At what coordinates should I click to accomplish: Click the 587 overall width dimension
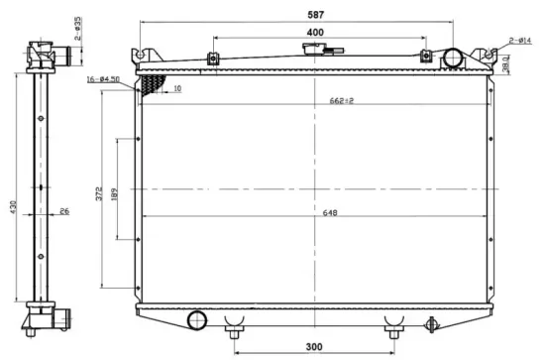point(314,13)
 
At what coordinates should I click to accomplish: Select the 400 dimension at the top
point(314,33)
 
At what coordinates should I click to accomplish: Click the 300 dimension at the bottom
point(314,347)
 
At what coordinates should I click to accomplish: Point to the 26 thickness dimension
point(64,210)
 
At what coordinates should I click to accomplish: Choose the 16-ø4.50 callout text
point(103,78)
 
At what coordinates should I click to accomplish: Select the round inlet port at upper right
point(452,58)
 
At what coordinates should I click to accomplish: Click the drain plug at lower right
point(431,322)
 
